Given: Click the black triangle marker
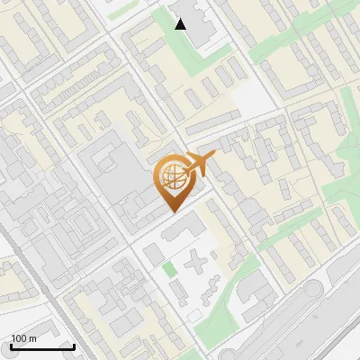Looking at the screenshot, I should click(x=181, y=24).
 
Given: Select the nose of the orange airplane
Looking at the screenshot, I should click(x=214, y=155).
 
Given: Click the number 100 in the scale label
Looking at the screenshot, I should click(x=20, y=338).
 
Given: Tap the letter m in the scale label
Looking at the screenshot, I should click(x=32, y=338).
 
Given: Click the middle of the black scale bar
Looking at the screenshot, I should click(x=42, y=346).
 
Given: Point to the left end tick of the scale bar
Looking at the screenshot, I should click(x=10, y=345).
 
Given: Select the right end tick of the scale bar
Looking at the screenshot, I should click(x=75, y=345).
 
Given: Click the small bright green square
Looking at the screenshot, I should click(x=169, y=269).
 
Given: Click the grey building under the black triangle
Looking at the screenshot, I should click(x=200, y=23).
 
